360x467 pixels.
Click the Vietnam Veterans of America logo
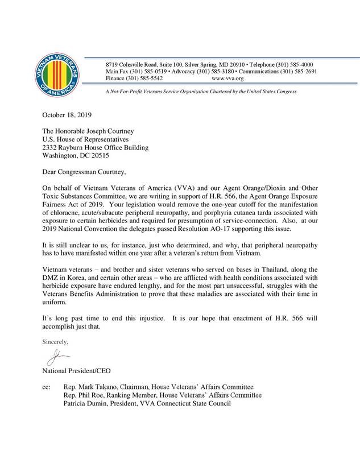[57, 75]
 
